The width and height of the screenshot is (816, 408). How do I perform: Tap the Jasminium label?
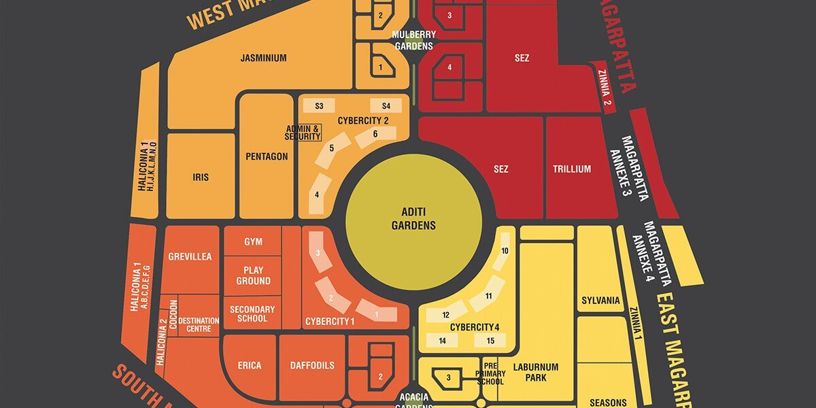pyautogui.click(x=263, y=58)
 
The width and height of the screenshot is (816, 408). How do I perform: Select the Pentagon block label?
pyautogui.click(x=267, y=156)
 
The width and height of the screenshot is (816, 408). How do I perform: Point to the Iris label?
pyautogui.click(x=201, y=177)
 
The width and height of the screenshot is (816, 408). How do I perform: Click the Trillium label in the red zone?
pyautogui.click(x=571, y=169)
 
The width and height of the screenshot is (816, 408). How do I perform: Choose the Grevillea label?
pyautogui.click(x=190, y=257)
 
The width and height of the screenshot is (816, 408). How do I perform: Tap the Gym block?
pyautogui.click(x=253, y=242)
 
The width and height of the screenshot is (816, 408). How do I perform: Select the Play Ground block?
pyautogui.click(x=253, y=275)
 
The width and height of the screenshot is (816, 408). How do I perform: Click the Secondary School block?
pyautogui.click(x=252, y=313)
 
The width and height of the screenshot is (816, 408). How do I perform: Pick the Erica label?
pyautogui.click(x=250, y=366)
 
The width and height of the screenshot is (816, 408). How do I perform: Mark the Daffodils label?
pyautogui.click(x=311, y=366)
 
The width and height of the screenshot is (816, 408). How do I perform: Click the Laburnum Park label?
pyautogui.click(x=536, y=372)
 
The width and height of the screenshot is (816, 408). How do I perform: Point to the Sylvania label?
pyautogui.click(x=600, y=301)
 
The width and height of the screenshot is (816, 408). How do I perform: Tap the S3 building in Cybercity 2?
pyautogui.click(x=319, y=106)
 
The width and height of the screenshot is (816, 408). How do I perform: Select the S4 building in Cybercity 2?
pyautogui.click(x=386, y=106)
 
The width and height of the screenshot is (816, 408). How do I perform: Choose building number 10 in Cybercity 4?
pyautogui.click(x=505, y=251)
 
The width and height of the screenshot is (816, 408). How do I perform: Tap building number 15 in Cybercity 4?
pyautogui.click(x=490, y=341)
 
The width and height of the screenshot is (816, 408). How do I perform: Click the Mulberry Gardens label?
pyautogui.click(x=413, y=40)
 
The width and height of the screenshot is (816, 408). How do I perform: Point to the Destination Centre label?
pyautogui.click(x=199, y=325)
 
